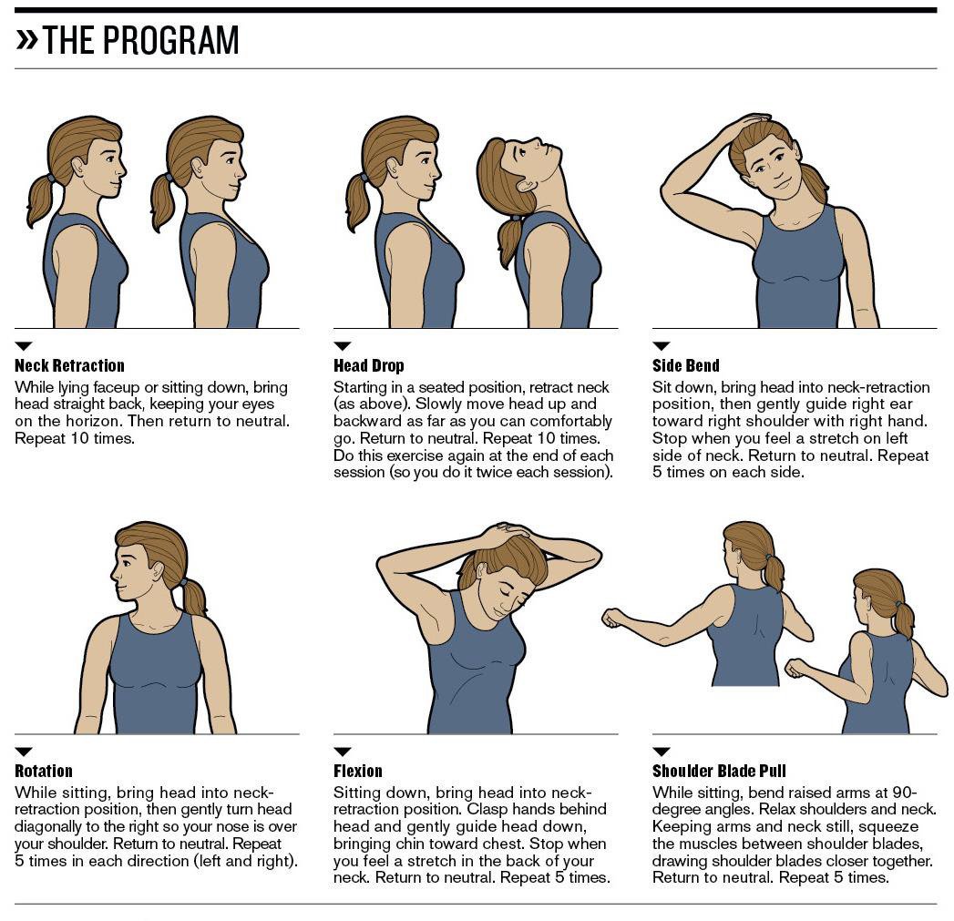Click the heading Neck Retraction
pyautogui.click(x=69, y=366)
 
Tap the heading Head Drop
pyautogui.click(x=368, y=366)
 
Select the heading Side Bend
pyautogui.click(x=685, y=366)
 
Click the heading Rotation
pyautogui.click(x=43, y=772)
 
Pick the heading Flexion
pyautogui.click(x=357, y=772)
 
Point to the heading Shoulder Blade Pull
pyautogui.click(x=719, y=772)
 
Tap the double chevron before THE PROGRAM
pyautogui.click(x=26, y=39)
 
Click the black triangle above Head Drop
pyautogui.click(x=342, y=346)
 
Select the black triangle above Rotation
pyautogui.click(x=24, y=752)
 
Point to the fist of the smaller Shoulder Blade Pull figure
pyautogui.click(x=795, y=668)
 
